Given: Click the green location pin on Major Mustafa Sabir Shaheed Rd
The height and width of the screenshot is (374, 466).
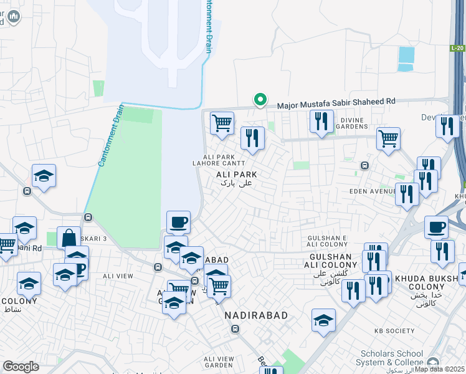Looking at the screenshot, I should [x=260, y=100].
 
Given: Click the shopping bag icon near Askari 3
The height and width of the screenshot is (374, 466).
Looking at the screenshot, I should [x=69, y=237].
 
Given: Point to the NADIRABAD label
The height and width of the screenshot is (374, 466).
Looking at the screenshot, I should [x=257, y=315].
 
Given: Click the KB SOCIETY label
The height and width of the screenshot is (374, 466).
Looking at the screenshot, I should [x=394, y=331].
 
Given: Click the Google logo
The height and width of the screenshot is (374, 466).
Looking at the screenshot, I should [x=21, y=367].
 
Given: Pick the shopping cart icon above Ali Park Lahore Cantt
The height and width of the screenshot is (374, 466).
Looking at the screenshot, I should [x=222, y=123].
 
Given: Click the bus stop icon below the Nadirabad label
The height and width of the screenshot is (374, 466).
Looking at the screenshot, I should [x=235, y=329].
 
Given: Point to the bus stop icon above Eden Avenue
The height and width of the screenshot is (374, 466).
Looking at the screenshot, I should [x=364, y=166].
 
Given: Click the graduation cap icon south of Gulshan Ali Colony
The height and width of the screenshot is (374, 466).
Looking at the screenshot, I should [x=323, y=320].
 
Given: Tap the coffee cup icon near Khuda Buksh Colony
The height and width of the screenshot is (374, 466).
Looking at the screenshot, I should [x=436, y=226].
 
